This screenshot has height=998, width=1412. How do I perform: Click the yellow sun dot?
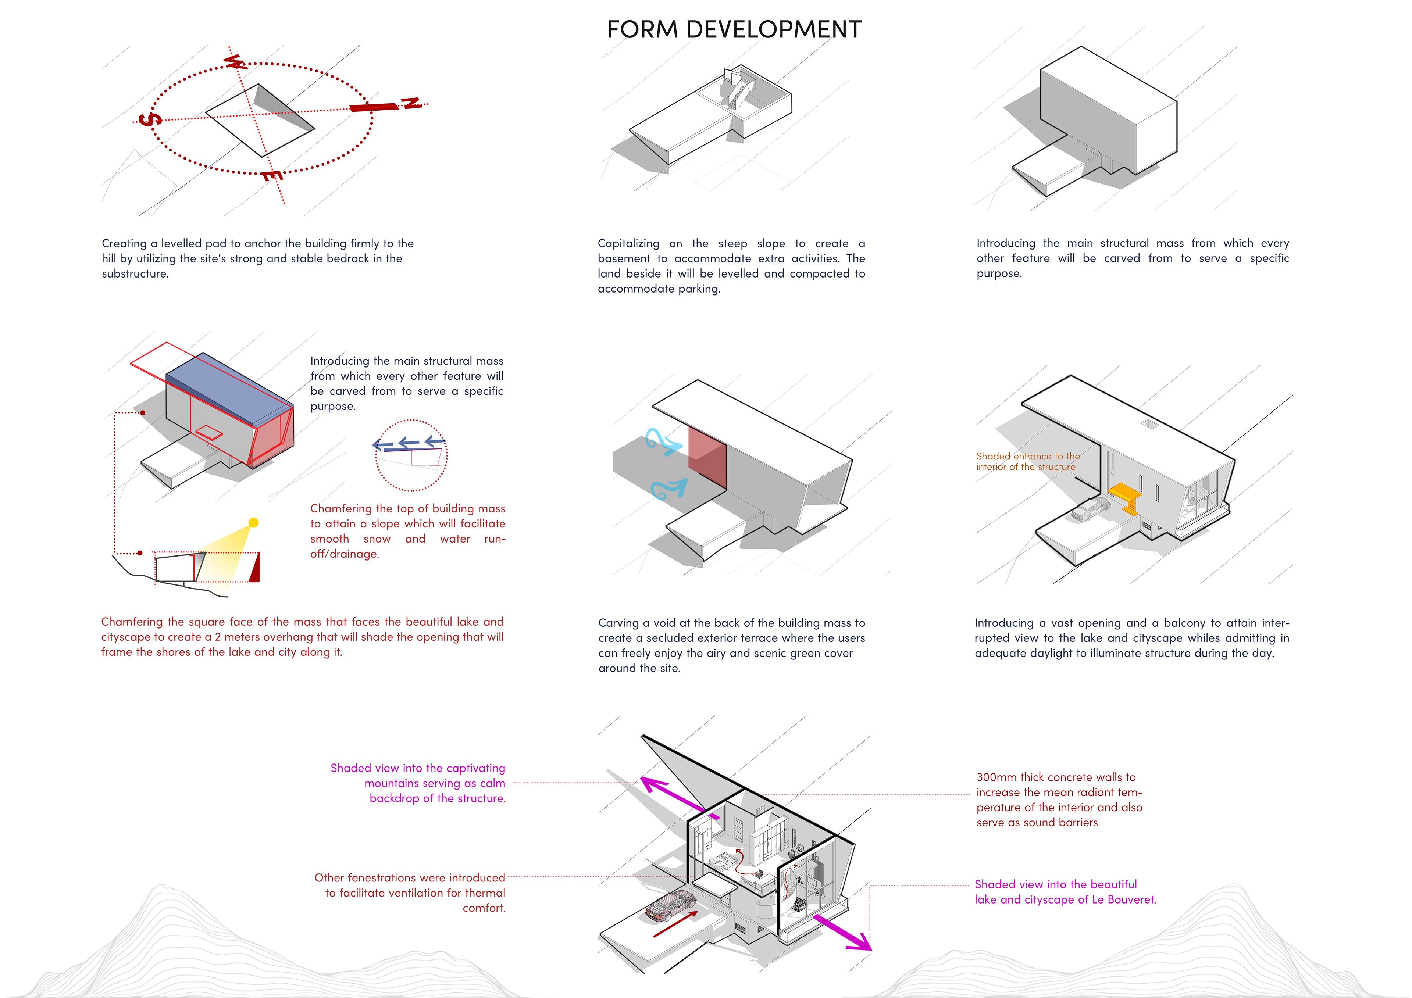click(x=253, y=523)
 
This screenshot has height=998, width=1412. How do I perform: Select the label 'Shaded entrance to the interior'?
click(x=1027, y=461)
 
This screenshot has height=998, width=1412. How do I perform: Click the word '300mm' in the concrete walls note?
click(x=996, y=777)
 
